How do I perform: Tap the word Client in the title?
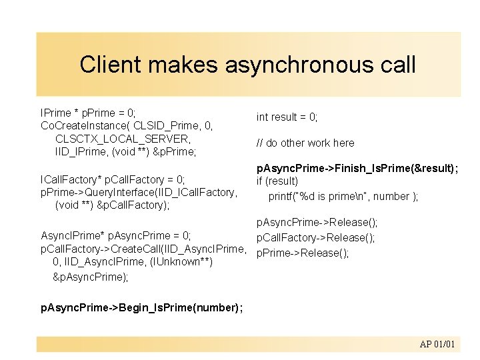(111, 65)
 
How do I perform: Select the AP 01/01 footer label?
(437, 344)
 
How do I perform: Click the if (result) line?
(278, 181)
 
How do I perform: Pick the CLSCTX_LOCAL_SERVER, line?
(123, 139)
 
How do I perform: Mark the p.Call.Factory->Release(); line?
(315, 237)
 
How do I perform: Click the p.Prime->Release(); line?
(303, 253)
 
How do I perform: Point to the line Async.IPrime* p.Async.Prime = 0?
(116, 235)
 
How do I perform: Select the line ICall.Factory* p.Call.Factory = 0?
(113, 179)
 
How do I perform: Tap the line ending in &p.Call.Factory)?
(112, 205)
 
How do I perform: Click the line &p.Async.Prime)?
(90, 276)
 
